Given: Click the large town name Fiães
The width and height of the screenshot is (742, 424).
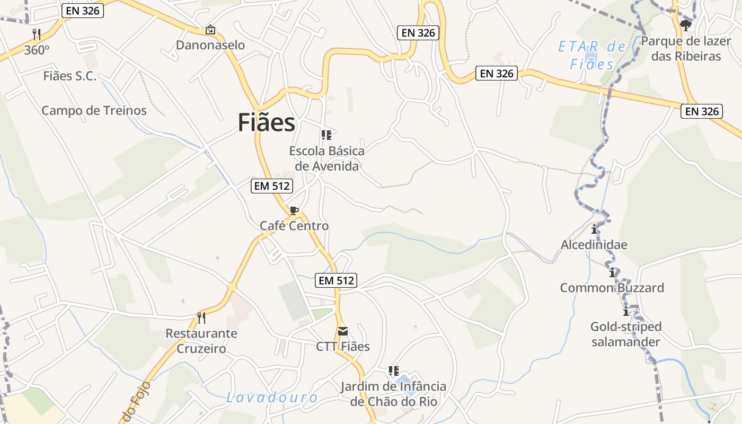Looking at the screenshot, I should tap(266, 123).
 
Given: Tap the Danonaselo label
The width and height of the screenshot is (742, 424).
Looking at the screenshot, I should tap(210, 45).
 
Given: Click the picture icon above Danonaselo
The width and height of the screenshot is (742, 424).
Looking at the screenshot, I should tap(210, 30).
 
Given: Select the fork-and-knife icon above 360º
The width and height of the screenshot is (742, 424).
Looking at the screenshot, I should tap(37, 34).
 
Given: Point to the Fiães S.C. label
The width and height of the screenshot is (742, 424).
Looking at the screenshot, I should tap(70, 76).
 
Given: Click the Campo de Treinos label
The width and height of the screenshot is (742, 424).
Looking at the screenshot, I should tap(94, 111).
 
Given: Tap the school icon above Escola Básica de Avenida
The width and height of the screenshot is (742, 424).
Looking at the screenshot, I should tap(326, 135).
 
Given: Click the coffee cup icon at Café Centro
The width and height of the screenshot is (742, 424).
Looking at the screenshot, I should tap(294, 210).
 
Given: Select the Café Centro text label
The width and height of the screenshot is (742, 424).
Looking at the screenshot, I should tap(294, 226).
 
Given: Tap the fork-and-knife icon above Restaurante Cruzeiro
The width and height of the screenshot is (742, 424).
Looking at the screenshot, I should tap(201, 318).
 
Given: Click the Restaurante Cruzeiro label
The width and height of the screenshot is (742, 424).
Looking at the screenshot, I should tap(201, 341).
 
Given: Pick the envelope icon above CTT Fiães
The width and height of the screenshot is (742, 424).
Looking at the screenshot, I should tap(343, 331).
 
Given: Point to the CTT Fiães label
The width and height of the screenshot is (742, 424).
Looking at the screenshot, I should tap(343, 347).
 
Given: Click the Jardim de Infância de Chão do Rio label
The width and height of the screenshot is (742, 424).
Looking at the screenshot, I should tap(393, 394).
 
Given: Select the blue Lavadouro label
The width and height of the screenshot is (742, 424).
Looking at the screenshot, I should tap(272, 397).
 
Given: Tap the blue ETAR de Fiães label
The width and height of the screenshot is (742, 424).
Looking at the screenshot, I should tap(592, 55).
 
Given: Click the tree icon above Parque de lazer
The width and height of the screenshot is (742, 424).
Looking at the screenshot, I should tap(686, 25).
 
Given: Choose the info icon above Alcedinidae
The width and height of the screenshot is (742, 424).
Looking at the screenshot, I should tap(594, 229).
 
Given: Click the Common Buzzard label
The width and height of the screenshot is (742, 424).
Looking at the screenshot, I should tap(612, 288).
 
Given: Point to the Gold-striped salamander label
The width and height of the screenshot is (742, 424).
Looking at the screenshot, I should tap(626, 334).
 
